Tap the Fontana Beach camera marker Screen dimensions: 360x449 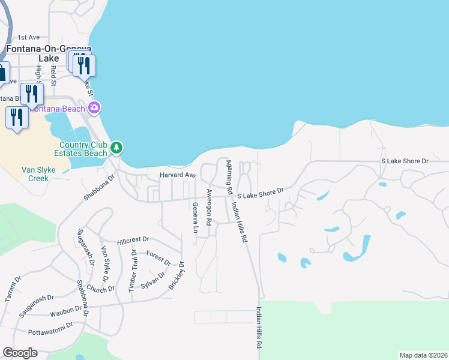94,108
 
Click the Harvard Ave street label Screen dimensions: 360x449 178,175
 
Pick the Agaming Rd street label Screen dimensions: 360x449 229,173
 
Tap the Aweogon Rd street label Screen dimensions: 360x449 209,208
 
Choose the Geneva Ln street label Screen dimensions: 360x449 195,217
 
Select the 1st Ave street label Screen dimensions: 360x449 28,37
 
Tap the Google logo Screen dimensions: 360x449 20,353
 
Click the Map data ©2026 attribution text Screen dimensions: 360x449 423,355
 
